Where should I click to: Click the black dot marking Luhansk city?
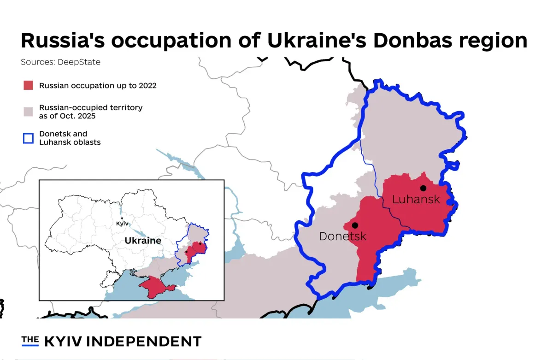(x=423, y=188)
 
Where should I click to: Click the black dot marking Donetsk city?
(x=355, y=225)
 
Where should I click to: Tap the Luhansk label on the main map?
(x=416, y=200)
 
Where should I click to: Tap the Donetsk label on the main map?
(x=342, y=236)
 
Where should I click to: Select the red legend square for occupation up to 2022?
(x=29, y=85)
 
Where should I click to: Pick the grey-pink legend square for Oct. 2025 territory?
(x=29, y=112)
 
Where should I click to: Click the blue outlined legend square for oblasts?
(x=29, y=138)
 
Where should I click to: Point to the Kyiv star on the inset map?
(x=122, y=218)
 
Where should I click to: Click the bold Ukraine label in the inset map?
(x=143, y=241)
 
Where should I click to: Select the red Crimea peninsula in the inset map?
(x=157, y=286)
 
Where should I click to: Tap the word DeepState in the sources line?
(x=79, y=62)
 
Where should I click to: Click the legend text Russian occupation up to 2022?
(x=98, y=86)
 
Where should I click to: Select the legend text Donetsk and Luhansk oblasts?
(x=70, y=138)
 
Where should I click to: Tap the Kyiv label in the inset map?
(x=122, y=224)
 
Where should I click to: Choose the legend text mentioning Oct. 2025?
(x=91, y=112)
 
